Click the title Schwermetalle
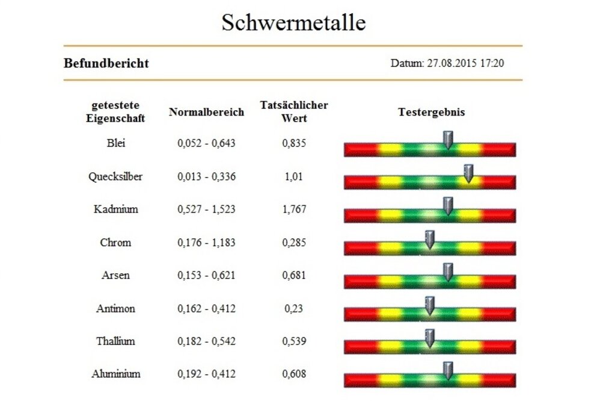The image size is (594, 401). [x=293, y=22]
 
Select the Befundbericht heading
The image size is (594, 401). [x=106, y=63]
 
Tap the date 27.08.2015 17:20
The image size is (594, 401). [x=447, y=63]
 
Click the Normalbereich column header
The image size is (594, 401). [x=206, y=112]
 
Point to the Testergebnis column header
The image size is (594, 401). [x=431, y=112]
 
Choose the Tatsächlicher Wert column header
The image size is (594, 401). [x=294, y=111]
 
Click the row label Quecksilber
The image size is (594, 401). [x=115, y=176]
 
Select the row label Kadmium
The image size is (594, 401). [x=115, y=210]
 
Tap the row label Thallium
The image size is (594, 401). [x=115, y=341]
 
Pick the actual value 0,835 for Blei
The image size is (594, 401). [x=294, y=143]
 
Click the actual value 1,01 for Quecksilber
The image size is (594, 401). [x=294, y=176]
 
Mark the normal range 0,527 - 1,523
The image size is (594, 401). [x=206, y=210]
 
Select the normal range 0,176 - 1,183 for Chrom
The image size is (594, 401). [x=206, y=243]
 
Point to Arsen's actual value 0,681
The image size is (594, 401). [x=294, y=275]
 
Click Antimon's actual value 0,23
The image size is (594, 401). [x=294, y=308]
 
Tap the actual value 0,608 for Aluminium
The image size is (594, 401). [x=294, y=374]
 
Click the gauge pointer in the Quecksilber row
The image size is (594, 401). [x=468, y=173]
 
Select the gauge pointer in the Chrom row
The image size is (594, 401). [x=429, y=240]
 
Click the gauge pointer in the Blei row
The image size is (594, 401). [x=447, y=140]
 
